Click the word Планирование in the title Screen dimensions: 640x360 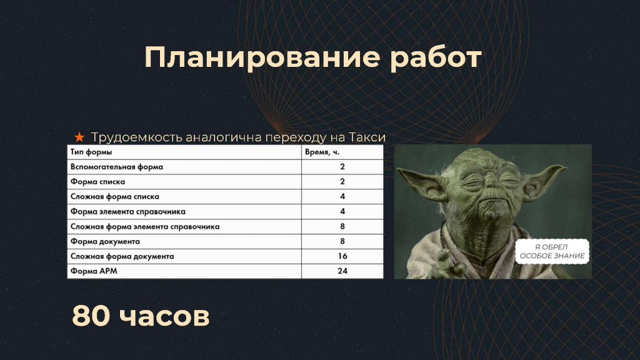click(x=262, y=57)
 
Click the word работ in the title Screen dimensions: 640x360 click(x=436, y=57)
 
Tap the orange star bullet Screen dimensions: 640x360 click(x=79, y=137)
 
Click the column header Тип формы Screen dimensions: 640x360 click(x=91, y=152)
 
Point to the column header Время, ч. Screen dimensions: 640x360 click(x=322, y=152)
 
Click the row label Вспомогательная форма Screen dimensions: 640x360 click(x=117, y=167)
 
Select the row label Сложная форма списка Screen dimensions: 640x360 click(x=115, y=197)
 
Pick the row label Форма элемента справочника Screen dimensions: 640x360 click(x=127, y=212)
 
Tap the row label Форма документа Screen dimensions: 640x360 click(x=105, y=242)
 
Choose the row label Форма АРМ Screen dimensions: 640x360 click(x=94, y=271)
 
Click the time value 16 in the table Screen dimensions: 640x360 click(x=342, y=256)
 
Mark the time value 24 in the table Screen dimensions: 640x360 click(x=342, y=271)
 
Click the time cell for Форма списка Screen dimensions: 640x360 click(x=342, y=182)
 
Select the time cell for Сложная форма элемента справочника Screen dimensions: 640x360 click(x=342, y=226)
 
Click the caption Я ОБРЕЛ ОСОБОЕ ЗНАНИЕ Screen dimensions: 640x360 click(x=552, y=251)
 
